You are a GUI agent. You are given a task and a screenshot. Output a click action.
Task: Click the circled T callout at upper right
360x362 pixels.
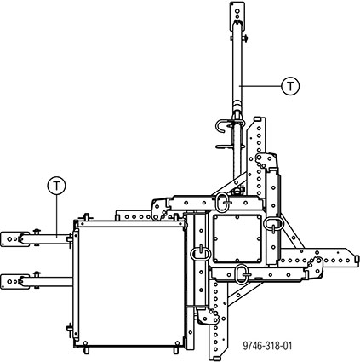click(290, 86)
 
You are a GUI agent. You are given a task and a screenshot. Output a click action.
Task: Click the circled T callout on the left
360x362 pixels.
click(56, 186)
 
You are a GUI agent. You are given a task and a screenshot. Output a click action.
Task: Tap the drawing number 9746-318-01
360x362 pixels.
click(267, 346)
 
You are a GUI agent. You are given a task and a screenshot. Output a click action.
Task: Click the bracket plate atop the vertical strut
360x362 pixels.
click(237, 14)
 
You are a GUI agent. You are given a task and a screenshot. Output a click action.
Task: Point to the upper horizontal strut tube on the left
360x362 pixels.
click(45, 239)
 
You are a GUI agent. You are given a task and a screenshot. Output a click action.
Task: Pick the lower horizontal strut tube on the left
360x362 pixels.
click(47, 282)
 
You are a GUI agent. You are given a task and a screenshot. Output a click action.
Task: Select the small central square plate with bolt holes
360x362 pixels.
click(237, 238)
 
